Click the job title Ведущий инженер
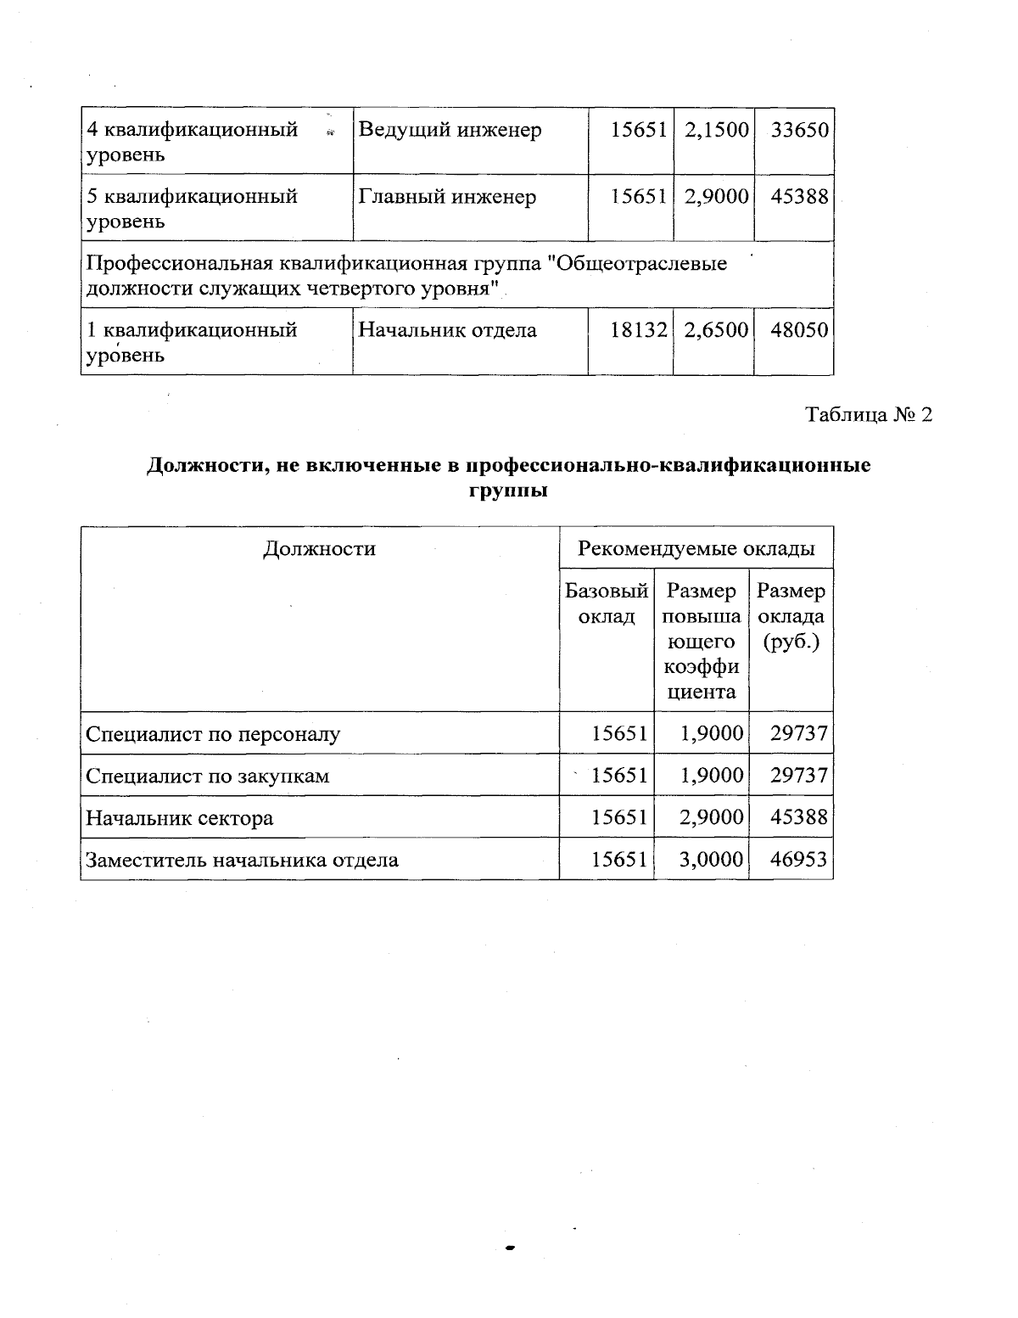[x=450, y=131]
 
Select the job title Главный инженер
[x=447, y=197]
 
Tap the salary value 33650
[x=799, y=131]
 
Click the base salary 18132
[x=639, y=330]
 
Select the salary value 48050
[x=799, y=330]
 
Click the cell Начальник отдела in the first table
[x=447, y=330]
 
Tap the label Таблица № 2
[x=869, y=415]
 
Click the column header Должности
[x=319, y=549]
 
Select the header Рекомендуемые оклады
[x=696, y=549]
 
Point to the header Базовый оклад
[x=607, y=603]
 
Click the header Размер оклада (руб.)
[x=791, y=615]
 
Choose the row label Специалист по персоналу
[x=213, y=734]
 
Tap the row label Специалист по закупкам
[x=208, y=776]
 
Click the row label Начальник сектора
[x=180, y=818]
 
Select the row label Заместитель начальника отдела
[x=242, y=861]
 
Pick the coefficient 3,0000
[x=712, y=861]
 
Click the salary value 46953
[x=798, y=861]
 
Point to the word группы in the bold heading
[x=508, y=491]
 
